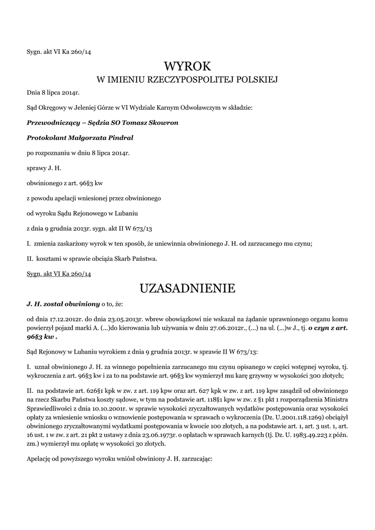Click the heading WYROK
187,66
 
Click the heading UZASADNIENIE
187,288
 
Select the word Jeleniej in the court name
82,108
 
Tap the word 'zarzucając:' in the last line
195,459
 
